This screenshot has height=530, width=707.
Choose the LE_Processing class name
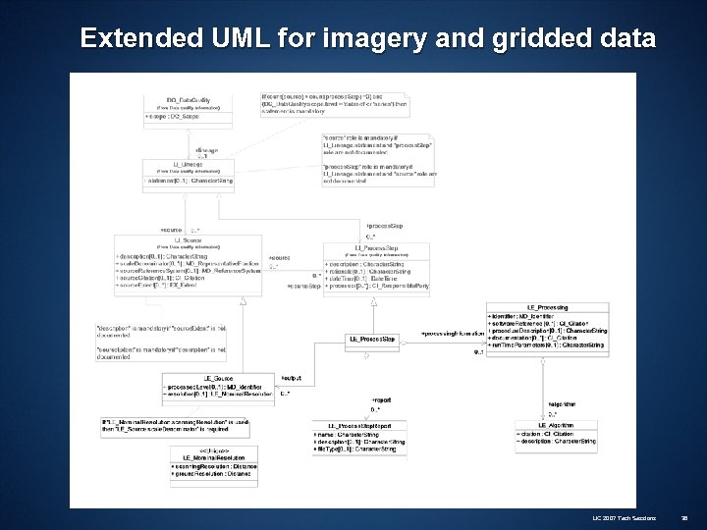549,308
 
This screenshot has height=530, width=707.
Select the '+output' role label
291,377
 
